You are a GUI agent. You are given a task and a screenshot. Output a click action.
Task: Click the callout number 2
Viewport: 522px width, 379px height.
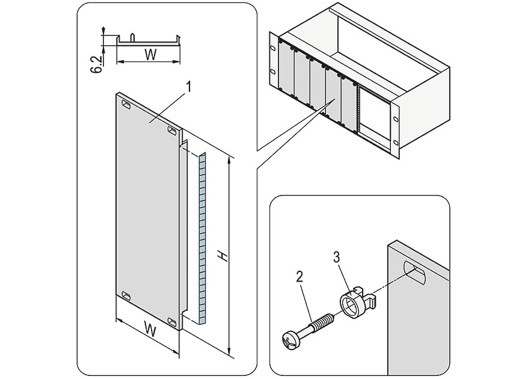[x=299, y=277]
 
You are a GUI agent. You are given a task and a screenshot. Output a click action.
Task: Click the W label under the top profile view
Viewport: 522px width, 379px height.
[x=150, y=55]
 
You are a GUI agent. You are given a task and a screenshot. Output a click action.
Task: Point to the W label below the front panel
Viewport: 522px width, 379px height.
[x=150, y=329]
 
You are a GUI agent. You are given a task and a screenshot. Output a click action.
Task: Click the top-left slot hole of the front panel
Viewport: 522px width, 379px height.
[x=126, y=106]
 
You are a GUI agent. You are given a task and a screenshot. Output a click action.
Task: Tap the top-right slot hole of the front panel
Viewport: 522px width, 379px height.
[x=172, y=130]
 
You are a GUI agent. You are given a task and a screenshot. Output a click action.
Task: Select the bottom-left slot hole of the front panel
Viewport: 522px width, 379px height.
[x=126, y=295]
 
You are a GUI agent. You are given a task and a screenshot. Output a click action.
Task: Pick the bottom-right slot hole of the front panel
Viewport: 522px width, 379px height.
[x=173, y=322]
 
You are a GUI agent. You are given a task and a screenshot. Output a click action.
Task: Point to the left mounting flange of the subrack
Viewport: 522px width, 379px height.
[x=274, y=63]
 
